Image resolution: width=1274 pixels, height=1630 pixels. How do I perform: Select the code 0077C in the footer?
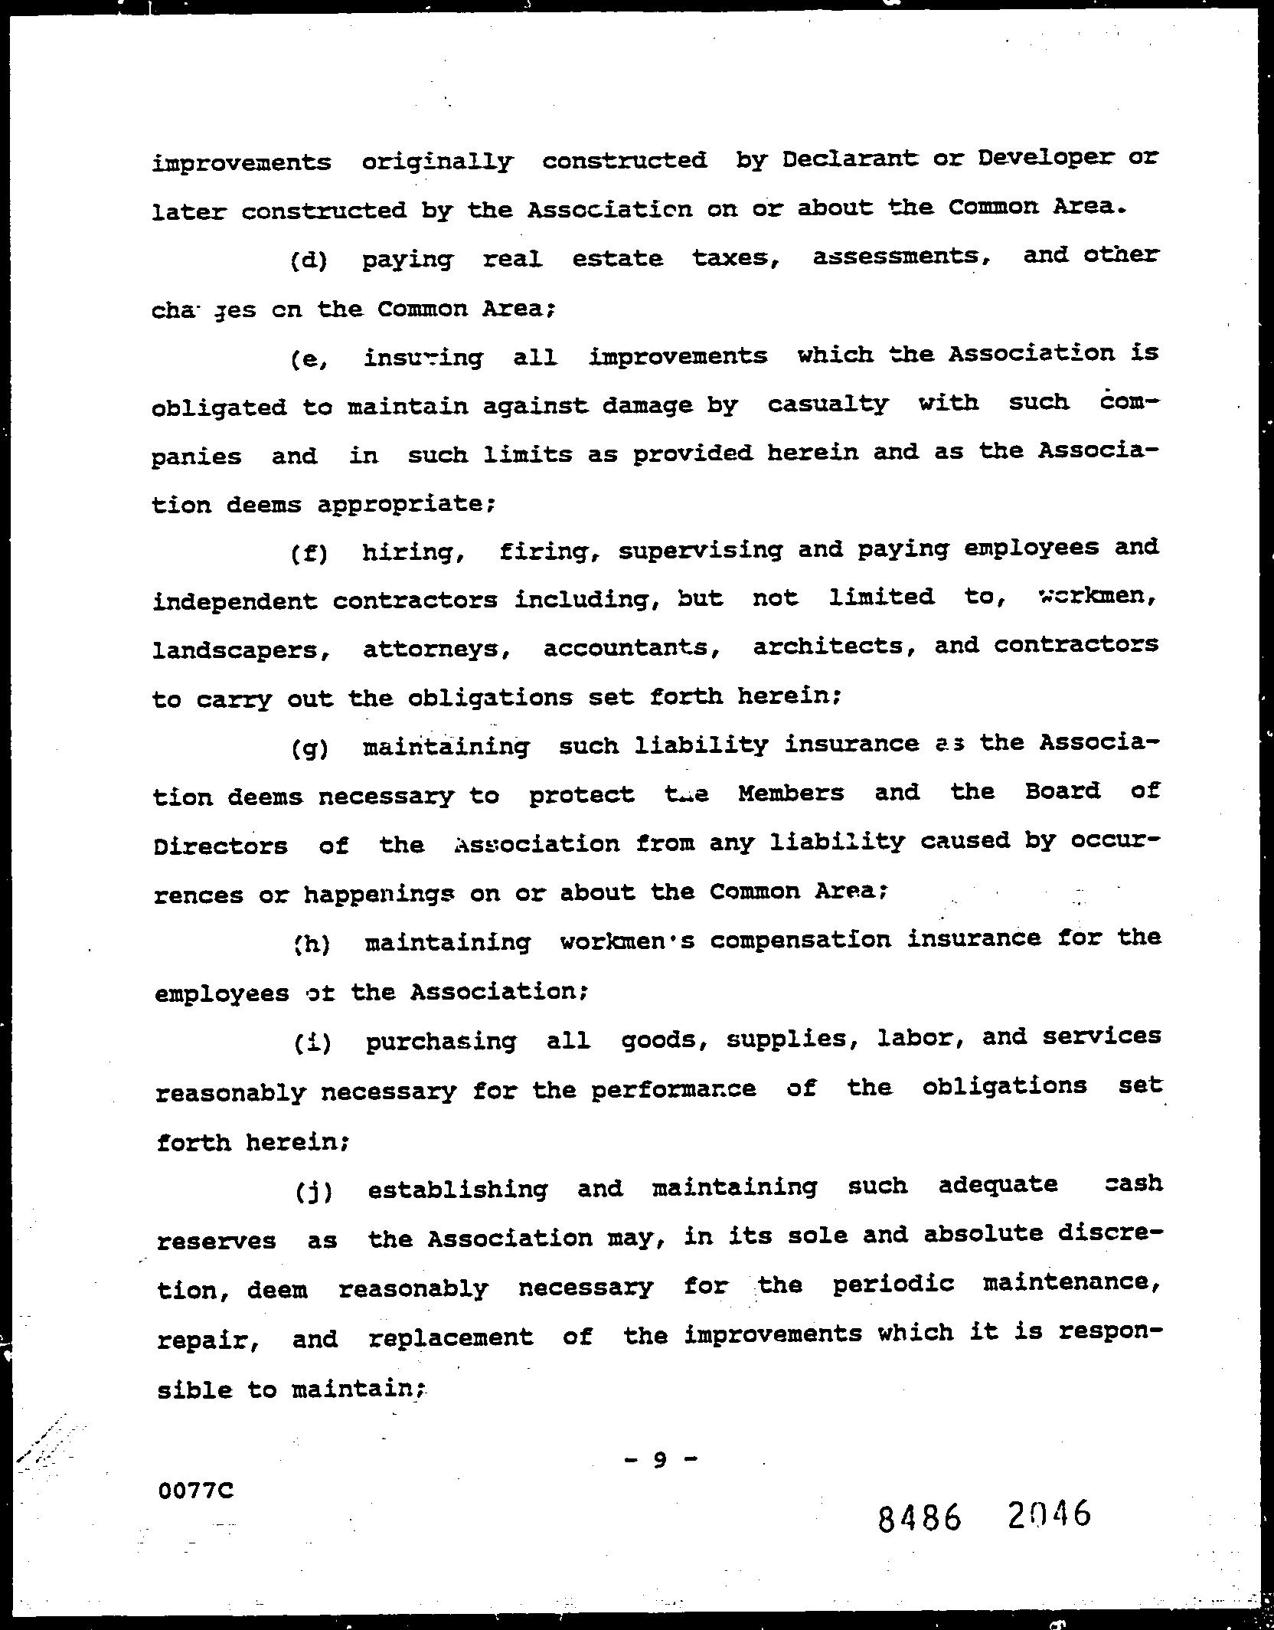point(195,1491)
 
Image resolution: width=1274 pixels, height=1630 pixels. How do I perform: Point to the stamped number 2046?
point(1050,1514)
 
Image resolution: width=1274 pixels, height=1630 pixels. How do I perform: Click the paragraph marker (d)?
point(309,261)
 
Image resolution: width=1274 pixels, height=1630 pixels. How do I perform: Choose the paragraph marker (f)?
point(309,553)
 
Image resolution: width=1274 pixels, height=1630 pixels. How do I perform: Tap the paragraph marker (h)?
point(311,944)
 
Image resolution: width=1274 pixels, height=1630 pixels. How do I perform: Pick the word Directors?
point(221,846)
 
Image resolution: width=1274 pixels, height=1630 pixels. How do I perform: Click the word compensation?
point(801,940)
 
